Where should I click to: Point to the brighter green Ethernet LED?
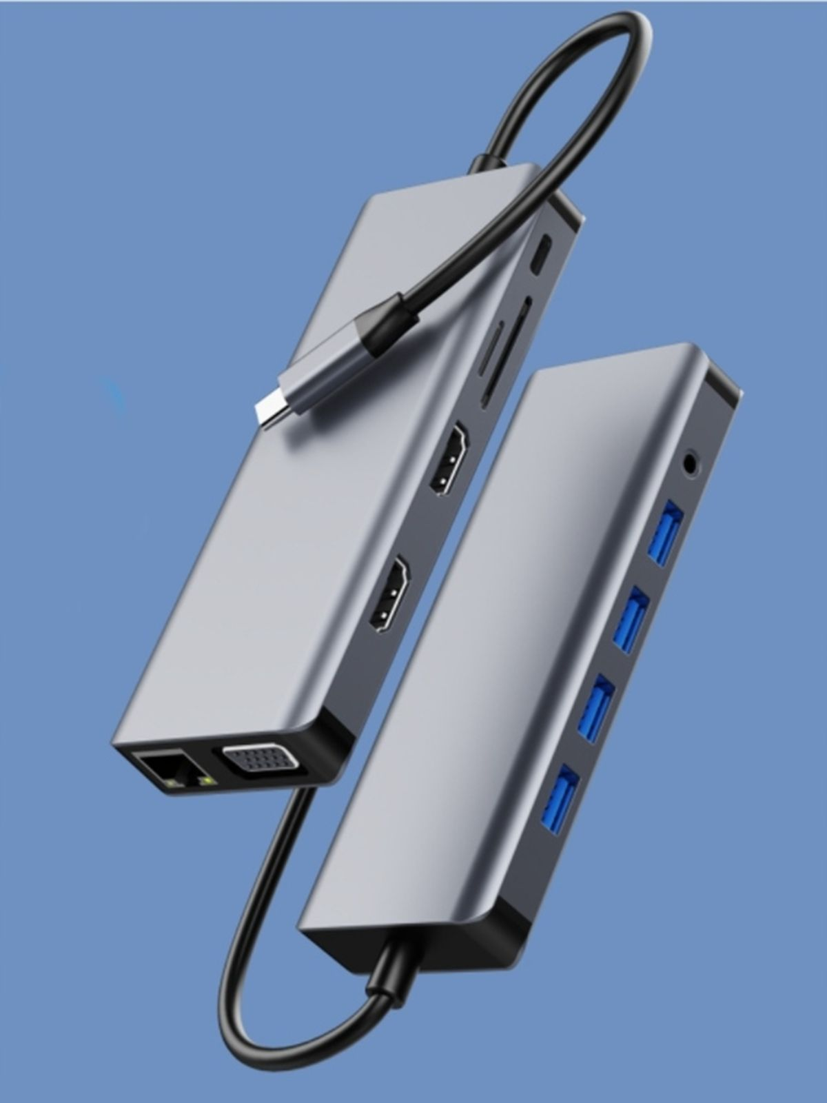(x=204, y=780)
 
